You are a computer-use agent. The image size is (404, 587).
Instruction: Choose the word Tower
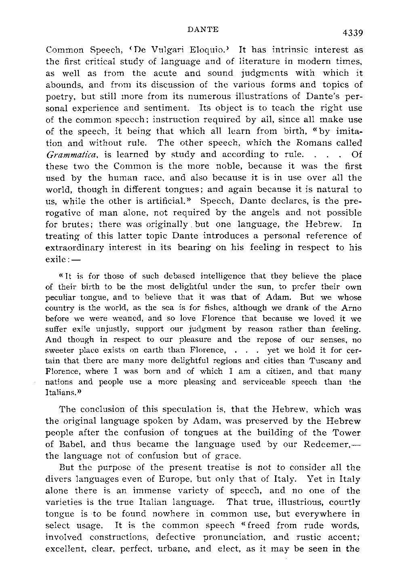point(345,432)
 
